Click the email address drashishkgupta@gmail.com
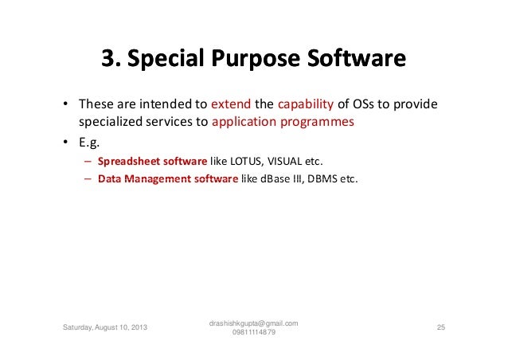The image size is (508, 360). [x=253, y=323]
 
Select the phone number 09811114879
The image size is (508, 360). [x=254, y=332]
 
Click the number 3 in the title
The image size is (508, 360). [x=107, y=60]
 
